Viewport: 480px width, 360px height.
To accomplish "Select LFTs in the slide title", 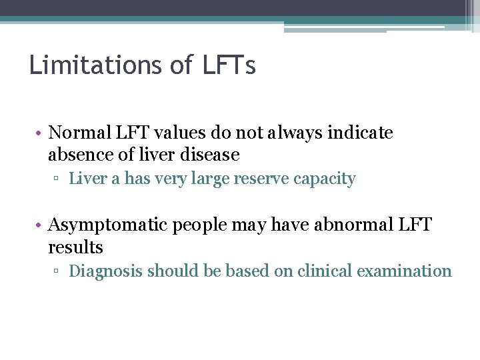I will (231, 65).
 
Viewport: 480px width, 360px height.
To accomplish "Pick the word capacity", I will (326, 179).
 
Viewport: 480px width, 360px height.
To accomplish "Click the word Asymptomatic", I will (109, 225).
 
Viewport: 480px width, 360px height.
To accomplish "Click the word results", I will (75, 247).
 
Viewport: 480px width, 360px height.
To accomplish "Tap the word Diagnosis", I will (106, 271).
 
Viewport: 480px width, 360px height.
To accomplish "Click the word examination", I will (407, 271).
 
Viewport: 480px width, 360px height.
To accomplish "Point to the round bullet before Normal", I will (40, 133).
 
